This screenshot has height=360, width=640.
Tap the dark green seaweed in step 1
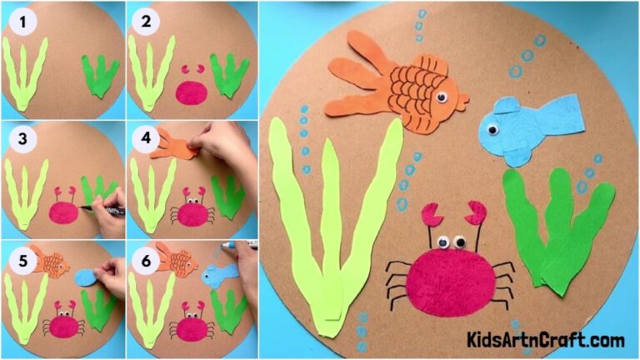tap(99, 75)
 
